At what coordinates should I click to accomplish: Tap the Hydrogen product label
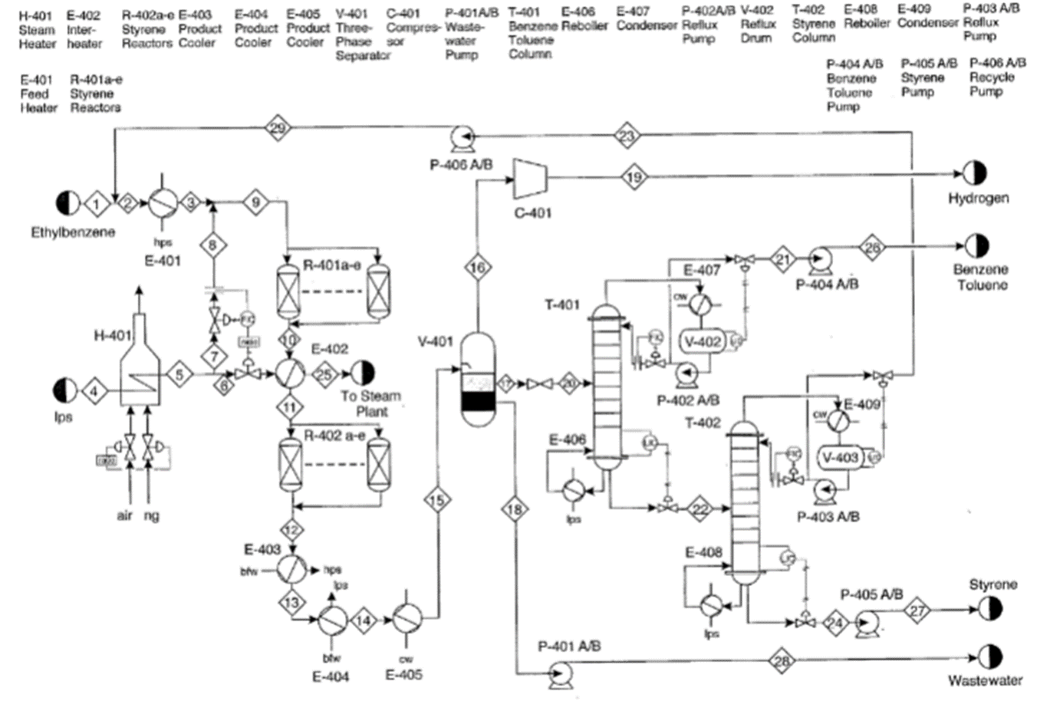pos(978,198)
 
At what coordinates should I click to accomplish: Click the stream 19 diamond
pos(634,177)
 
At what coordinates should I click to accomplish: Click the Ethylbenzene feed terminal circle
pos(67,203)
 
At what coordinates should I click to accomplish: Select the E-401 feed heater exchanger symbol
pos(162,202)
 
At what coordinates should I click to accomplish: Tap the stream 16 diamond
pos(477,267)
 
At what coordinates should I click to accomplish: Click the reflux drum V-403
pos(841,457)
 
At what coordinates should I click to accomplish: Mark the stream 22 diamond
pos(700,508)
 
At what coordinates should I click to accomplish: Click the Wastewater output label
pos(985,680)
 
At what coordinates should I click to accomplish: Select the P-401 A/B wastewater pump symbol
pos(558,673)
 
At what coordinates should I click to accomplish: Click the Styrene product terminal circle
pos(989,609)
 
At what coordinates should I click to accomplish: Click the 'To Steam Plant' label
pos(371,403)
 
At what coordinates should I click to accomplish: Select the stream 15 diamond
pos(436,500)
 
